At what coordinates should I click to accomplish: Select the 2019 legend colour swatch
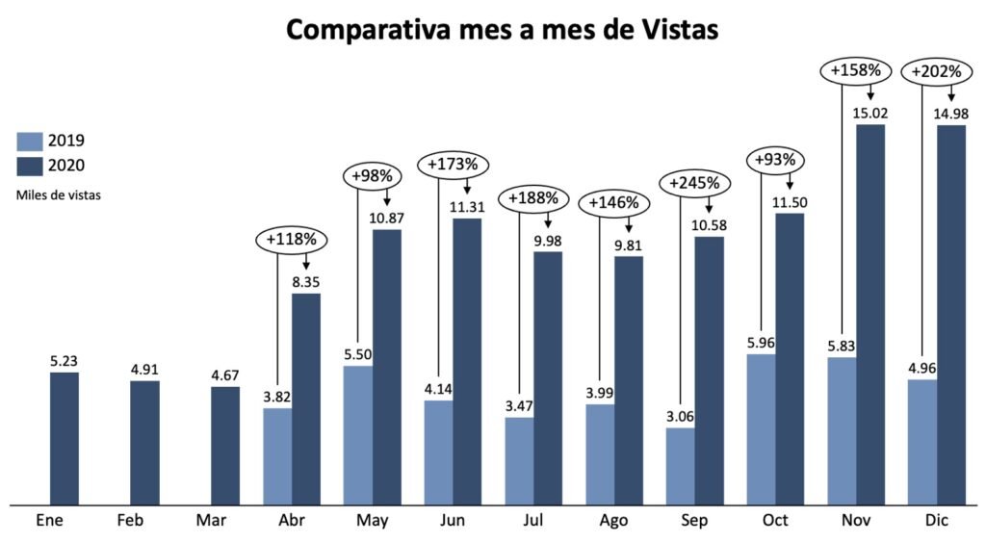(x=29, y=141)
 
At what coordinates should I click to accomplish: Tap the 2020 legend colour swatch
(x=29, y=166)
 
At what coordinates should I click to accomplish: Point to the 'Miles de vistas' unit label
(x=59, y=194)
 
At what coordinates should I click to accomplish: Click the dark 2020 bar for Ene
(x=65, y=437)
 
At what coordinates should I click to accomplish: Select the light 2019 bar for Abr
(x=277, y=455)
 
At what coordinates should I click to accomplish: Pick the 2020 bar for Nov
(x=870, y=314)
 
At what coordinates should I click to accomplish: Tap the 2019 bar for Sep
(x=680, y=465)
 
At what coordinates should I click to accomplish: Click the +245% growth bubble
(x=693, y=182)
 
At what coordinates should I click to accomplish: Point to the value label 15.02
(x=870, y=113)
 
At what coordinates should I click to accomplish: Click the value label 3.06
(x=680, y=416)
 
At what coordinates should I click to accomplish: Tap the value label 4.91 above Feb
(x=145, y=369)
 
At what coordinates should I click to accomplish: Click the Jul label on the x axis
(x=532, y=521)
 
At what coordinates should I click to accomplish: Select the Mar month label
(x=210, y=521)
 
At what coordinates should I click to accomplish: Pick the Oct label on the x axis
(x=774, y=521)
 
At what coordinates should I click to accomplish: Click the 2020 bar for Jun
(x=468, y=361)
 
